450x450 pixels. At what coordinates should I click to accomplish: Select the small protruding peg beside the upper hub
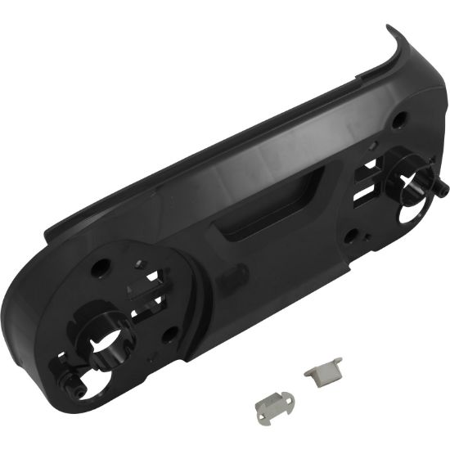coord(443,187)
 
